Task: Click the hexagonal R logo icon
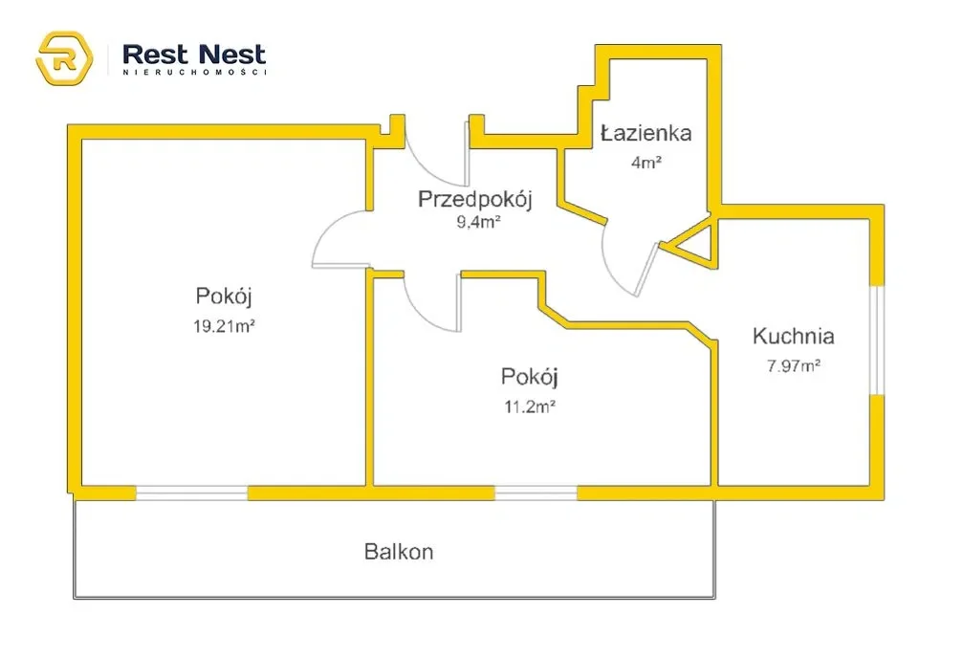click(x=64, y=58)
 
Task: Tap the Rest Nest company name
click(x=194, y=55)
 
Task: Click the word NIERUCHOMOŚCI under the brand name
click(x=194, y=72)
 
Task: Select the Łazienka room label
click(x=646, y=133)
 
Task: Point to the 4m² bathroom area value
click(x=646, y=163)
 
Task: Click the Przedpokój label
click(x=474, y=200)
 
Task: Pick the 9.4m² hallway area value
click(x=478, y=222)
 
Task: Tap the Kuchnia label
click(x=794, y=336)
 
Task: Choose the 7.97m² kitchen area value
click(x=794, y=366)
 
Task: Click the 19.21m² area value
click(x=224, y=325)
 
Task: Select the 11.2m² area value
click(x=530, y=406)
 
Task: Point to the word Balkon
click(x=399, y=552)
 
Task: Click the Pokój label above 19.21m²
click(x=224, y=296)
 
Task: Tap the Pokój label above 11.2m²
click(x=530, y=377)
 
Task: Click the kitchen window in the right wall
click(x=877, y=340)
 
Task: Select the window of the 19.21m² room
click(x=191, y=493)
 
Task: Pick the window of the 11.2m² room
click(x=536, y=493)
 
